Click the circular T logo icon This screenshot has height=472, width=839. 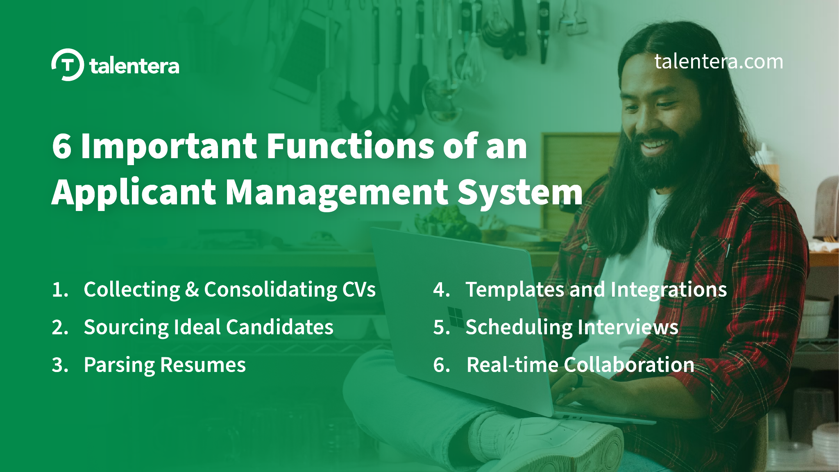(68, 65)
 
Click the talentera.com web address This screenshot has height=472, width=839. (719, 61)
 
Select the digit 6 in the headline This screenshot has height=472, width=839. (62, 147)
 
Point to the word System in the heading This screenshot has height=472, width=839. (519, 193)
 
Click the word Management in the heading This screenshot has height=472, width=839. (337, 193)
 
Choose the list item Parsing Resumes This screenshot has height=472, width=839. (165, 365)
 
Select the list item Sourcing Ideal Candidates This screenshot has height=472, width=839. (209, 327)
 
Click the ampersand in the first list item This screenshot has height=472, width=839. (192, 289)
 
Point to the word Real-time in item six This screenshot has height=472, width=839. (512, 365)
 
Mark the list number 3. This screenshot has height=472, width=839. (57, 365)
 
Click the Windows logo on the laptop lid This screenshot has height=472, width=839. (455, 317)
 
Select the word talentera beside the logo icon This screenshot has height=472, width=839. (134, 66)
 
